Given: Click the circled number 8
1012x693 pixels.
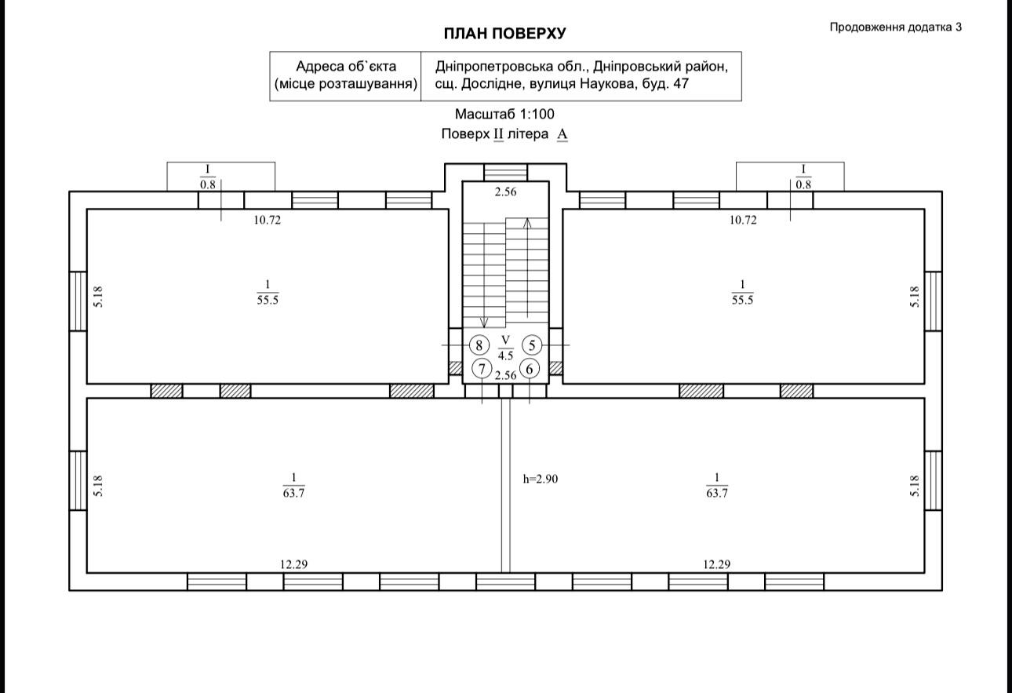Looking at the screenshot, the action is pos(479,345).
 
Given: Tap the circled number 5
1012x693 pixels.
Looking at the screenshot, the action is pos(532,345).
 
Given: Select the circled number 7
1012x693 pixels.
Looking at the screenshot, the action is pos(482,369).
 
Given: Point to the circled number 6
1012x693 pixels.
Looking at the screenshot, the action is pos(530,369).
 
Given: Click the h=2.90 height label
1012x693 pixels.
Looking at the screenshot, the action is pos(541,479).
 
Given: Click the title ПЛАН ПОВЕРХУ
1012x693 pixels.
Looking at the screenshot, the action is pos(504,34).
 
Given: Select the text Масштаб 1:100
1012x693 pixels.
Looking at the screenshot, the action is pos(504,114).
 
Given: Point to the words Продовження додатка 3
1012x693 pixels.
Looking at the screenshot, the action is pos(896,27).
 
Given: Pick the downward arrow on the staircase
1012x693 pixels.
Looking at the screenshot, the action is pos(484,275).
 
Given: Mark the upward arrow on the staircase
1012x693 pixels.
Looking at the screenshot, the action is pos(527,268).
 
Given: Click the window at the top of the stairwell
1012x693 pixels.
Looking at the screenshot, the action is pos(505,172).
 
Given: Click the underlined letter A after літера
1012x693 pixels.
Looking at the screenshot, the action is pos(562,134).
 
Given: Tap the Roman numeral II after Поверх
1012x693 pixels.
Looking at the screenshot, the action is pos(498,134).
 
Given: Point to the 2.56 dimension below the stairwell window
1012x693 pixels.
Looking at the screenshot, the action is pos(505,191).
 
